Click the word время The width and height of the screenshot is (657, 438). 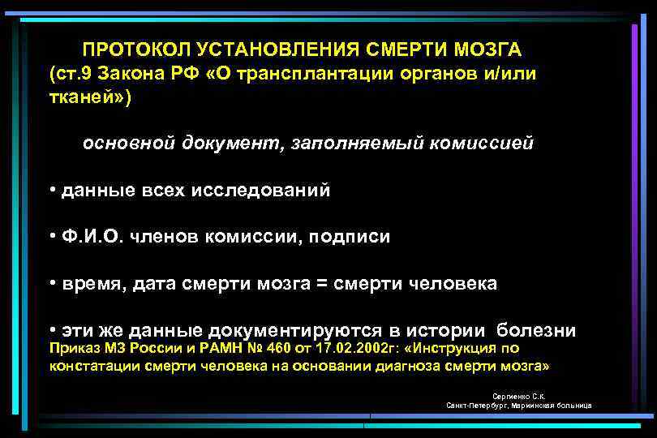[89, 285]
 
